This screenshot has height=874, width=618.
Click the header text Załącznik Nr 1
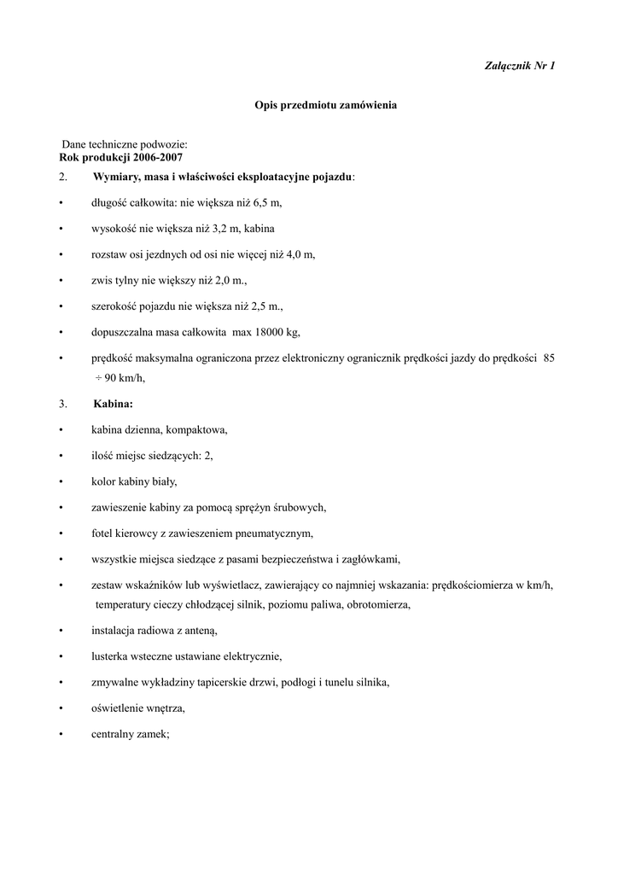pos(520,67)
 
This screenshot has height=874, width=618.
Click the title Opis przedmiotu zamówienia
pos(326,105)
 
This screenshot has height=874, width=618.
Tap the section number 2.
pos(63,177)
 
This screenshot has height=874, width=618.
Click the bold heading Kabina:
pos(113,404)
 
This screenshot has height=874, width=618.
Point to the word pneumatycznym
pos(272,533)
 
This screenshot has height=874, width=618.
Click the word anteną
pos(200,631)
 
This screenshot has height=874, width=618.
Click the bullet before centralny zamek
pos(61,733)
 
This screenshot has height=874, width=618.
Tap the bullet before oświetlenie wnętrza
pos(61,708)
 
